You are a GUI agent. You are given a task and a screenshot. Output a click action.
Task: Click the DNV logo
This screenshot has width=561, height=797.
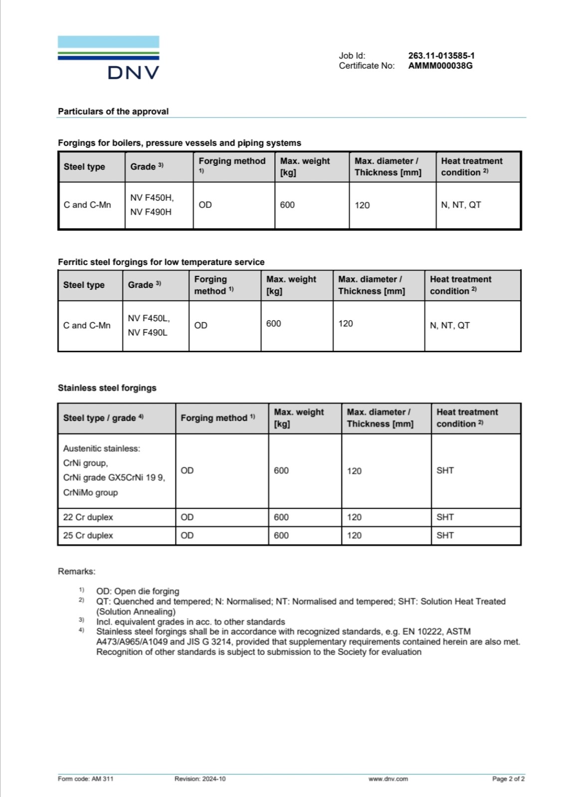tap(109, 58)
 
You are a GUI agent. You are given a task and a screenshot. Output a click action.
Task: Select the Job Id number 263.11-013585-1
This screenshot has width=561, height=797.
tap(441, 56)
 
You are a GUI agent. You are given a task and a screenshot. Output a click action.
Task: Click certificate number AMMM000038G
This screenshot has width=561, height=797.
tap(440, 66)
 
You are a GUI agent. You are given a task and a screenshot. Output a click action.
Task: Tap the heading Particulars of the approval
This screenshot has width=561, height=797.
tap(113, 112)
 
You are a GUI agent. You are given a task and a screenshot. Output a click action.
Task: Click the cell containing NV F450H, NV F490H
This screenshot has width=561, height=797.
tap(152, 205)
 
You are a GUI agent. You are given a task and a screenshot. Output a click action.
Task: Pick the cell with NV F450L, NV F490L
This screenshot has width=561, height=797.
tap(149, 325)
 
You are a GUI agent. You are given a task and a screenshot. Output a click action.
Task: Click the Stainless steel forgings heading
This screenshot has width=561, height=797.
tap(107, 388)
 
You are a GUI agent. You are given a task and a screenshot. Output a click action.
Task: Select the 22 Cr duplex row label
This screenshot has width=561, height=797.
tap(88, 517)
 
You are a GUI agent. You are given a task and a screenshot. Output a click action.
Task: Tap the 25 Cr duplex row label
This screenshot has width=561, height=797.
tap(88, 535)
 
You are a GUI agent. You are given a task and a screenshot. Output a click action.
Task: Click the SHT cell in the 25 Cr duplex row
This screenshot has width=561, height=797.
tap(445, 535)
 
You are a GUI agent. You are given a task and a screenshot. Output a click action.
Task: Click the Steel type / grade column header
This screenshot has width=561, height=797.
tap(103, 418)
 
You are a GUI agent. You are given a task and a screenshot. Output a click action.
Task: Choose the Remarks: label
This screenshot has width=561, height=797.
tap(76, 571)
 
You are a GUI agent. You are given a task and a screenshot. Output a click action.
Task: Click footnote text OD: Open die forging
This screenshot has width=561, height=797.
tap(138, 591)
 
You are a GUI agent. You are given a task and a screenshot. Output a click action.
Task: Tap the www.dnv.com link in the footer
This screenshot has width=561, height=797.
tap(388, 779)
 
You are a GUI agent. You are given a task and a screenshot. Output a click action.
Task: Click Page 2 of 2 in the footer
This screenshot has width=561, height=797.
tap(508, 779)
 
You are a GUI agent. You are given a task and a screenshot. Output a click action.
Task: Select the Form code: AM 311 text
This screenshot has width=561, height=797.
tap(85, 779)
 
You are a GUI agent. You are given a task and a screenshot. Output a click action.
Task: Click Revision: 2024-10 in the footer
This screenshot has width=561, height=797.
tap(199, 779)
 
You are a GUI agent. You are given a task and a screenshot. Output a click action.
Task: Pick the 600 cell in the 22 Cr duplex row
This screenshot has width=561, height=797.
tap(281, 517)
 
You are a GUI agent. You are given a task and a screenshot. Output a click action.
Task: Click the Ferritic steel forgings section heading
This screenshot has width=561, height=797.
tap(161, 262)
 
